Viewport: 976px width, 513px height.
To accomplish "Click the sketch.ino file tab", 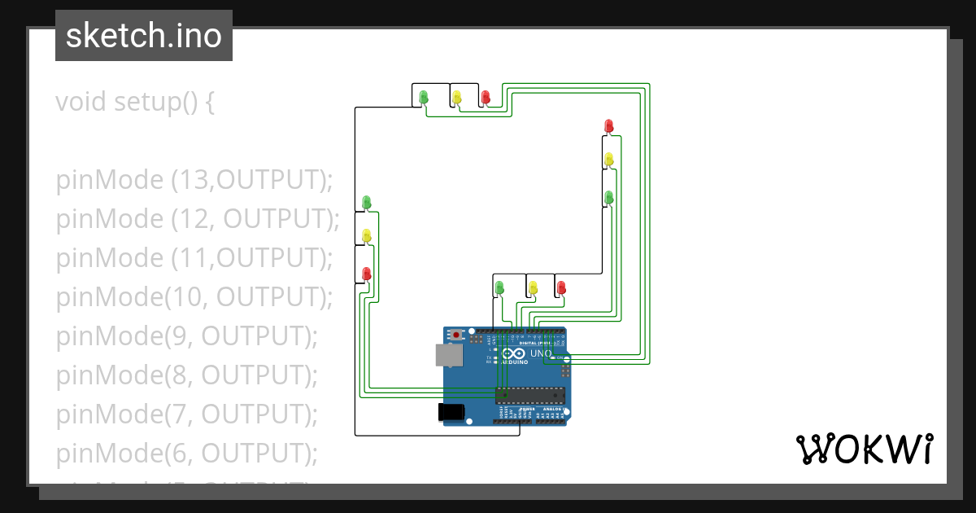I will tap(144, 36).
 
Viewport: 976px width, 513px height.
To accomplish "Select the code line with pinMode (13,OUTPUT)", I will tap(194, 180).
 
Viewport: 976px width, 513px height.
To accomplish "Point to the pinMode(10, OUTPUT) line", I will tap(194, 297).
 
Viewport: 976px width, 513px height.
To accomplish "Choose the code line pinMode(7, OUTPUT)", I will tap(186, 414).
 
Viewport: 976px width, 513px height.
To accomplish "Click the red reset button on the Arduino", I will tap(457, 335).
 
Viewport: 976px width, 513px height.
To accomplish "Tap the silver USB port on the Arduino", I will tap(447, 354).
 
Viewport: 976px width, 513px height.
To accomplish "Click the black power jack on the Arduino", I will tap(451, 412).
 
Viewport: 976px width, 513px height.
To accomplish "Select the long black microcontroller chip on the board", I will tap(531, 396).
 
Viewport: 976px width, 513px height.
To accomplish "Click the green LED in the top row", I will tap(423, 97).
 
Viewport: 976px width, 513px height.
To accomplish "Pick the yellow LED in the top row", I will tap(456, 97).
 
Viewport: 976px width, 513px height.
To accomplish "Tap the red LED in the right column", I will tap(608, 125).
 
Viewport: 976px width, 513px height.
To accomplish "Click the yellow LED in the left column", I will tap(366, 236).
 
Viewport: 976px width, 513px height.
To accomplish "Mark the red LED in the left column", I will tap(366, 273).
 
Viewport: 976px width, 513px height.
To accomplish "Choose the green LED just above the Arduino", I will tap(499, 287).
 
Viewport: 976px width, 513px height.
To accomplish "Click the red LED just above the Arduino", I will tap(561, 287).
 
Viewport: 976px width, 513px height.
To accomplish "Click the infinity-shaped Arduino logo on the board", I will tap(513, 353).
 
